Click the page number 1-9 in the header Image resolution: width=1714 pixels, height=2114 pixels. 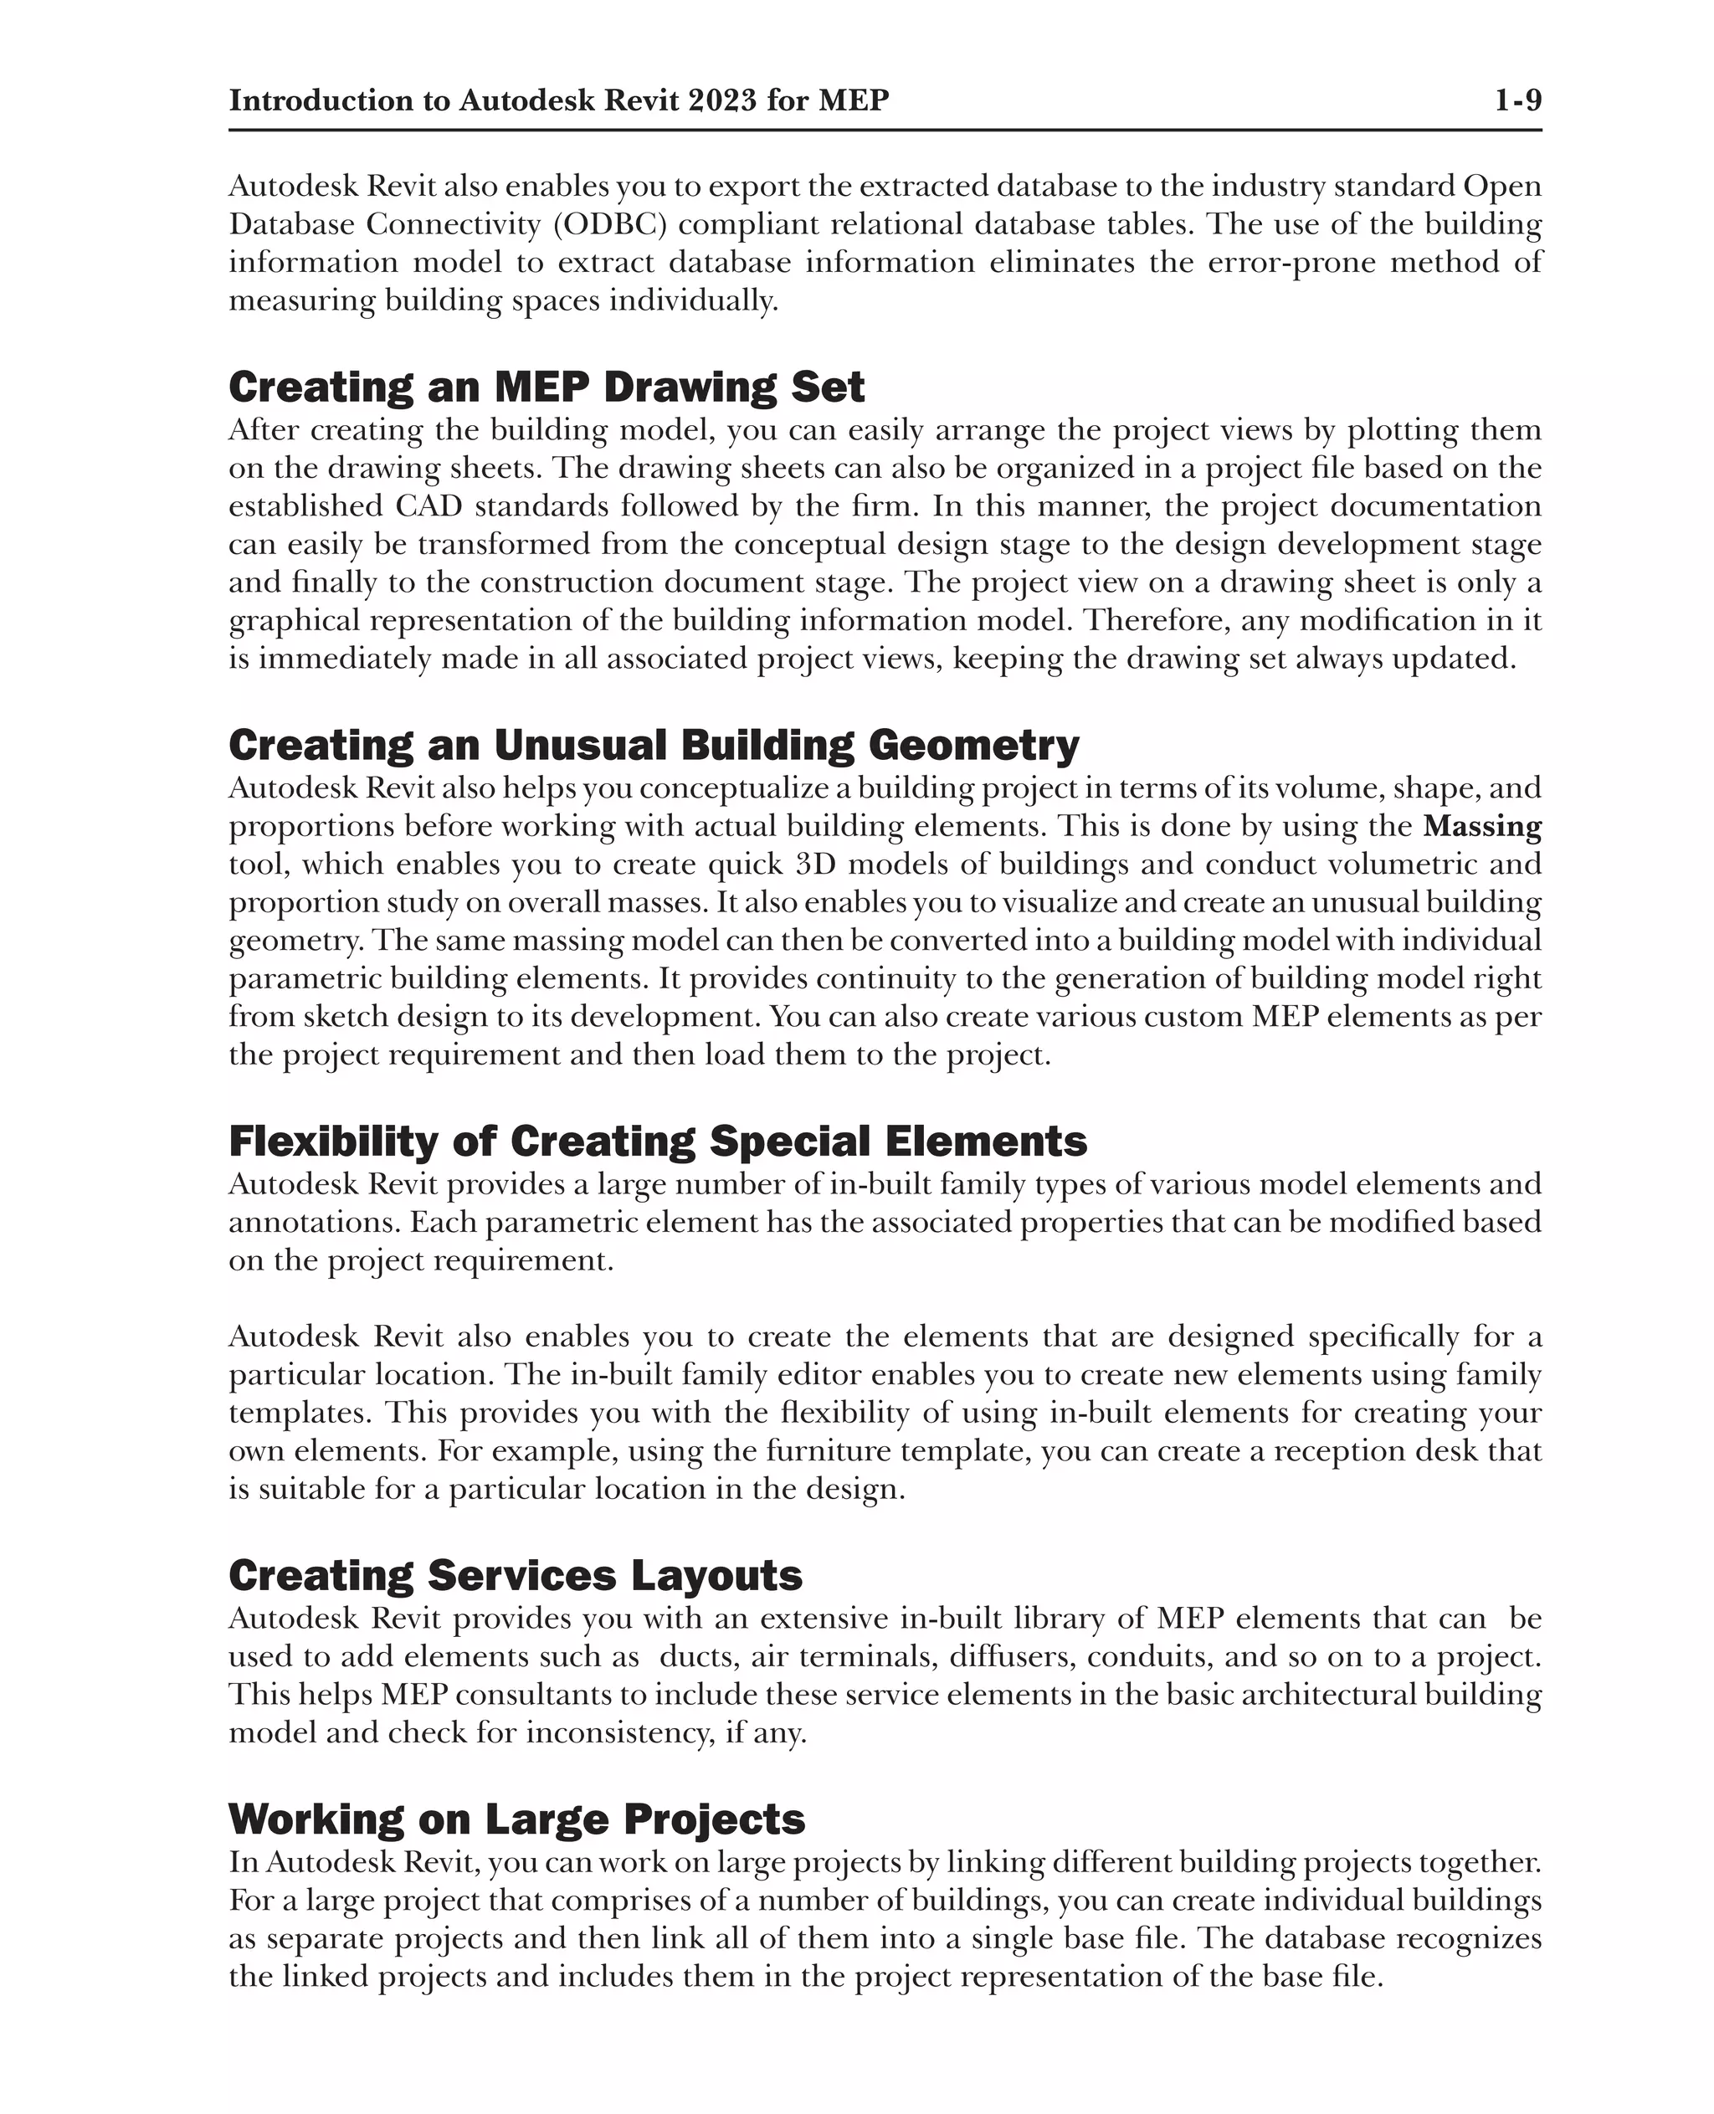click(1516, 100)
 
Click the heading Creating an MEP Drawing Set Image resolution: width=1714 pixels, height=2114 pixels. click(546, 387)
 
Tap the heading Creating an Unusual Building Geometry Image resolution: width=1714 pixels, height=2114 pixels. click(654, 746)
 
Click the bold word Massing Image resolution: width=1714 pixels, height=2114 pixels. click(1482, 827)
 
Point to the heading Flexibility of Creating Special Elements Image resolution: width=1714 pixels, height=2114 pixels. click(658, 1142)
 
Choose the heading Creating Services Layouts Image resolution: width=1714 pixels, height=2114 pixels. click(516, 1576)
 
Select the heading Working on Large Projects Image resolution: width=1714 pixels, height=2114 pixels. click(516, 1819)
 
